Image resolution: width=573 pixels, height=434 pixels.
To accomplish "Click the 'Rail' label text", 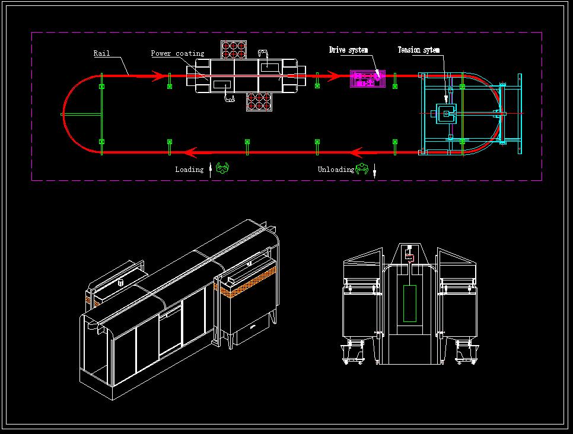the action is tap(101, 53).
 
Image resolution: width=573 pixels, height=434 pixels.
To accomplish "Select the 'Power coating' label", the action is tap(177, 53).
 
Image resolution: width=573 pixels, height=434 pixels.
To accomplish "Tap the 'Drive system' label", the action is tap(348, 50).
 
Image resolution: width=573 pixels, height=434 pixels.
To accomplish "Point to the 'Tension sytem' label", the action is tap(418, 50).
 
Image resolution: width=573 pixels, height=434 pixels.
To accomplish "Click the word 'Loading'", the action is tap(189, 170).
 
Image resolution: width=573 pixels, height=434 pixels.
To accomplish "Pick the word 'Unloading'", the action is tap(336, 170).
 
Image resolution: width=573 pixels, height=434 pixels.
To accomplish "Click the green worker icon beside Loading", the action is tap(222, 168).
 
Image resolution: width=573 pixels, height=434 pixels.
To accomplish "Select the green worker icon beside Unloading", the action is tap(362, 168).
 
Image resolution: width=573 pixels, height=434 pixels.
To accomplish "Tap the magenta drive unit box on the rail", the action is tap(367, 79).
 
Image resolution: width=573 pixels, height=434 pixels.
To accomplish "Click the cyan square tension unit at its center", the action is tap(446, 114).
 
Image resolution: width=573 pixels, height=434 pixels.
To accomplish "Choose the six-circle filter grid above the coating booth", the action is tap(234, 50).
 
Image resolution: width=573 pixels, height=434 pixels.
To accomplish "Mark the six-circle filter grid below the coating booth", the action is tap(259, 101).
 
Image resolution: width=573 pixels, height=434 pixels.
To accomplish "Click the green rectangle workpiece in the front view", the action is tap(410, 304).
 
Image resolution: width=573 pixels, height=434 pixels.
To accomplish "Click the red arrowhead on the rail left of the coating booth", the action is tap(158, 76).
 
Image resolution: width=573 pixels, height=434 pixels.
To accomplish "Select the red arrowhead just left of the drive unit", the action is tap(333, 76).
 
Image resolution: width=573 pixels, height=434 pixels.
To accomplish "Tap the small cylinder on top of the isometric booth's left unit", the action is tap(121, 282).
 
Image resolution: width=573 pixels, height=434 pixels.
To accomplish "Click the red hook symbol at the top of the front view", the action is tap(410, 258).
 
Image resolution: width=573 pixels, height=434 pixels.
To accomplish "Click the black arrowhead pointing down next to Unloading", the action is tap(374, 170).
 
